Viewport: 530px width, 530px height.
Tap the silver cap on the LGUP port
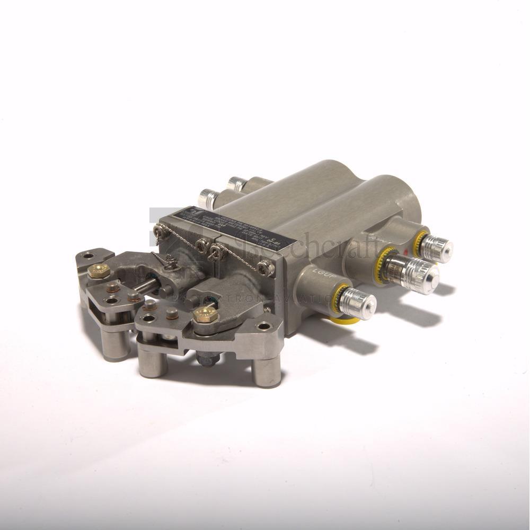[358, 304]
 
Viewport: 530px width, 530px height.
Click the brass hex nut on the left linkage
[99, 271]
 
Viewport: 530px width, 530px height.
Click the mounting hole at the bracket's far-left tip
[88, 255]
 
